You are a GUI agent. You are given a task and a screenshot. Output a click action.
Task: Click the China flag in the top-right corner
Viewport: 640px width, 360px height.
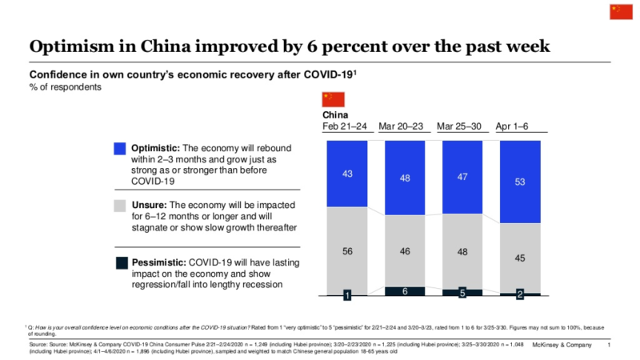(x=620, y=10)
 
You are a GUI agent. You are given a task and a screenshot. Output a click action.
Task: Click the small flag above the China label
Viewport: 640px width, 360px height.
(x=331, y=99)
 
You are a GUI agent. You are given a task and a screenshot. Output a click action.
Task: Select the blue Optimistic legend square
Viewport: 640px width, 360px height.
(x=120, y=149)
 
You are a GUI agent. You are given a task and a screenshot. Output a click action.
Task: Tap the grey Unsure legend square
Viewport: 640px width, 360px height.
(x=120, y=206)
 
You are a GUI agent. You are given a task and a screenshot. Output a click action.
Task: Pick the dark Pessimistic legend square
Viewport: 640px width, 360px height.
(x=120, y=262)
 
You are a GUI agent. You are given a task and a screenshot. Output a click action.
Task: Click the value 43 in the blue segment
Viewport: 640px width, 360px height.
(x=347, y=174)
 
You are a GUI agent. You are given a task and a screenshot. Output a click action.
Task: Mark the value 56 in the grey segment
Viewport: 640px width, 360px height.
(x=347, y=250)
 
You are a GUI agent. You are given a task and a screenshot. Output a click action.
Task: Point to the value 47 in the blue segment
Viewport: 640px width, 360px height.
(x=462, y=177)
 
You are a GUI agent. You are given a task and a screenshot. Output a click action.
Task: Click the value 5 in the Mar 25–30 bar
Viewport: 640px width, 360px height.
(x=462, y=293)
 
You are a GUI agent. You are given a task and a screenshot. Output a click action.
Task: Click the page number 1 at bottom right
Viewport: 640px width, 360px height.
(x=609, y=345)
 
